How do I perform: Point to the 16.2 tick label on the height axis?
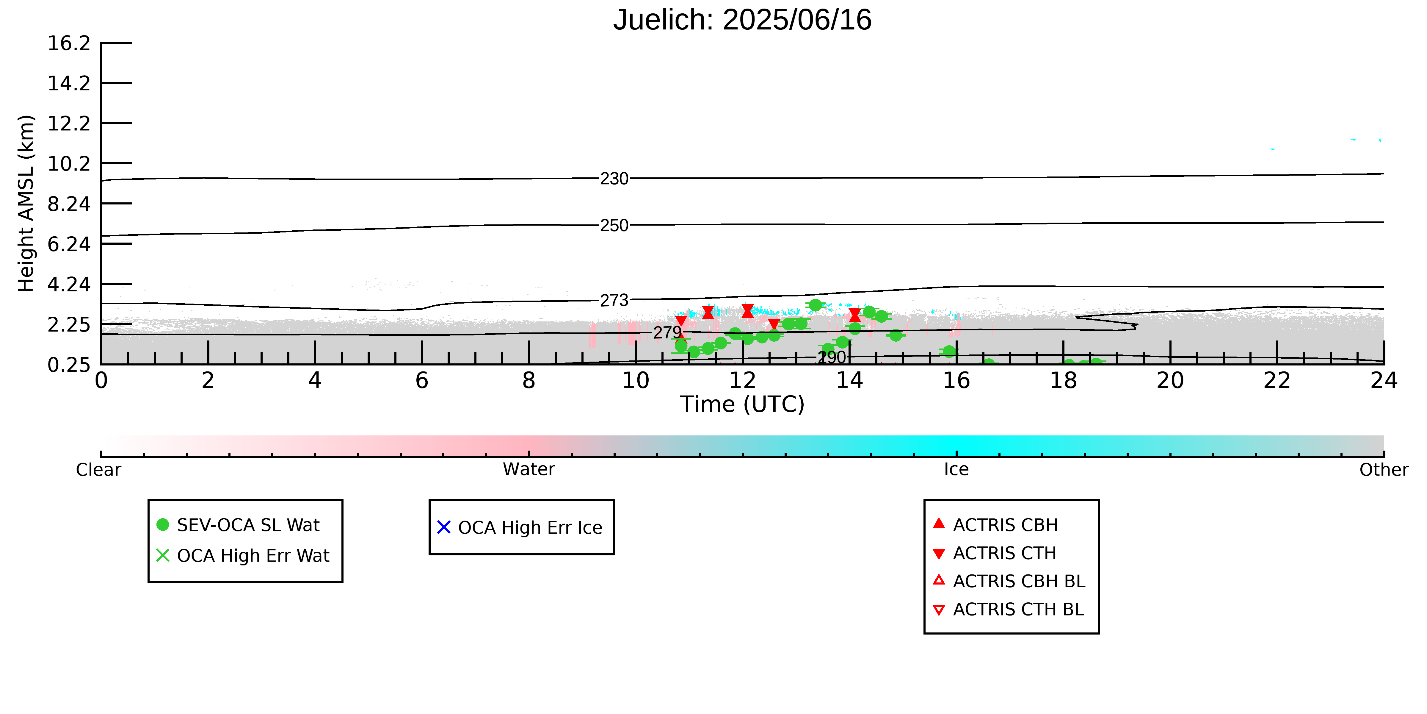coord(69,43)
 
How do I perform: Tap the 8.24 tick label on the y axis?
coord(69,204)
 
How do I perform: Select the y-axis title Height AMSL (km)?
coord(26,204)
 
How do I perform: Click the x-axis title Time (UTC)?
coord(742,404)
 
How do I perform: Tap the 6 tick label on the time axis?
coord(422,381)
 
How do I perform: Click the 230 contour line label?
coord(614,179)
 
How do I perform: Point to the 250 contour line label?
coord(614,226)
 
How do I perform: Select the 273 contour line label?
coord(614,301)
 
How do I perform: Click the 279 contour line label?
coord(667,333)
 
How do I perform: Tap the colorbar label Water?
coord(529,470)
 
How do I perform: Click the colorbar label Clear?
coord(99,470)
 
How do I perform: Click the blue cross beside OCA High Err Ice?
coord(444,527)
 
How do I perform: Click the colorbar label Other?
coord(1384,470)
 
